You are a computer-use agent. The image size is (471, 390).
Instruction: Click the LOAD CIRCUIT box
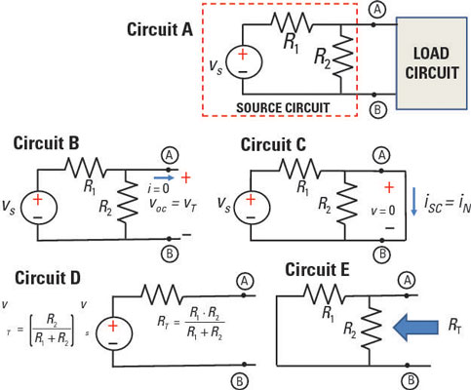coord(431,63)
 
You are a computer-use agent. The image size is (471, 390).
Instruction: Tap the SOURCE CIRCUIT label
coord(283,107)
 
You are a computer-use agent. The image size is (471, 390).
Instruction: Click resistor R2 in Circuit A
coord(341,58)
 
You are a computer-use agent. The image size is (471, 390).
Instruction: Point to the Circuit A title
coord(160,29)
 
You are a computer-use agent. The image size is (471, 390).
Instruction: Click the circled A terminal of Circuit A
coord(377,10)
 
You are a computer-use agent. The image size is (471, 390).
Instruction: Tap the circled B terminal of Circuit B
coord(170,253)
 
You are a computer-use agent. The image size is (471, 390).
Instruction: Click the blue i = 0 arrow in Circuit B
coord(164,177)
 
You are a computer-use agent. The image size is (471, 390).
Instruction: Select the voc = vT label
coord(173,205)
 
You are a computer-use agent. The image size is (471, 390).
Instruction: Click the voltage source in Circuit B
coord(39,208)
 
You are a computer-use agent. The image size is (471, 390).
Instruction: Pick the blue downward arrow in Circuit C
coord(413,201)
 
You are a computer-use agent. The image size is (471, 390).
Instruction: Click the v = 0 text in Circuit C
coord(383,211)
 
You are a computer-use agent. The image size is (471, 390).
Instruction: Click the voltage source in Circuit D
coord(114,333)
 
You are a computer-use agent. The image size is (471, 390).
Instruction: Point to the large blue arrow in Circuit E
coord(415,327)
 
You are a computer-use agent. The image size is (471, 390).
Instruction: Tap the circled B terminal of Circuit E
coord(408,379)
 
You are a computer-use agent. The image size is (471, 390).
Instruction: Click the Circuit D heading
coord(48,278)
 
